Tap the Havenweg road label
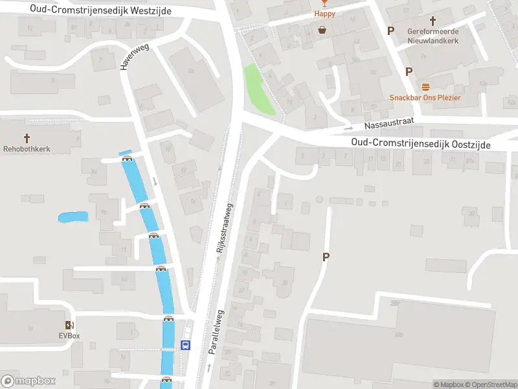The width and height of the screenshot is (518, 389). [x=134, y=56]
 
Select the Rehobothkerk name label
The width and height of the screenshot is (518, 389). [x=27, y=148]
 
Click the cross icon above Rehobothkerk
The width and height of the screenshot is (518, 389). [x=27, y=137]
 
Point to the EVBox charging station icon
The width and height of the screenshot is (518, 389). [x=69, y=325]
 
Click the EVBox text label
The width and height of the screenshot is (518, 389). [x=69, y=336]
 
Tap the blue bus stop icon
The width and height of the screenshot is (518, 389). [x=186, y=345]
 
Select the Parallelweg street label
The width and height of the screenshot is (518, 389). [x=216, y=331]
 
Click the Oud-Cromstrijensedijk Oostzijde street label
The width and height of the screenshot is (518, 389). [x=421, y=143]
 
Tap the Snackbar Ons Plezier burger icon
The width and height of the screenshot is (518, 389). [x=425, y=87]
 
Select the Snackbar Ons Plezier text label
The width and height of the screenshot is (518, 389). [x=425, y=98]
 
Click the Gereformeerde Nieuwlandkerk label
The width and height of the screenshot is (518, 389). [x=433, y=36]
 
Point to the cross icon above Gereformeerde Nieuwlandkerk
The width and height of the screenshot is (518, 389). [x=433, y=19]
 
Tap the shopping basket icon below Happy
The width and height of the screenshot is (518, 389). [x=322, y=29]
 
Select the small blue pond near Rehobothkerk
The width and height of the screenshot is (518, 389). [x=73, y=217]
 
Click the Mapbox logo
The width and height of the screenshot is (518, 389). [x=28, y=381]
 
